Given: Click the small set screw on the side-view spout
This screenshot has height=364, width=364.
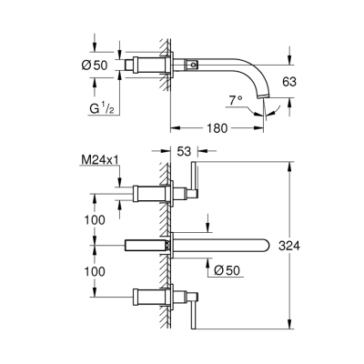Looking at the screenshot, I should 194,66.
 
